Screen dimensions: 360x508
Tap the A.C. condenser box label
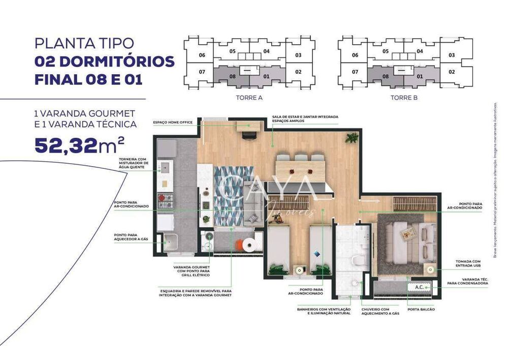(x=419, y=287)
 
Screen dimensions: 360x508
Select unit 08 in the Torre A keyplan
(x=232, y=77)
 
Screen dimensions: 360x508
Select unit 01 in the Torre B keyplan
(x=420, y=77)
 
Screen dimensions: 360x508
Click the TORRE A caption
(x=249, y=97)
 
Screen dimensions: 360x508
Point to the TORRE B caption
(x=404, y=97)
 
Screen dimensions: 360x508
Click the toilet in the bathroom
(x=358, y=260)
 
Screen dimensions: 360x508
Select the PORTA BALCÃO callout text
(x=421, y=309)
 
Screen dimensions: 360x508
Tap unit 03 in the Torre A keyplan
(x=298, y=55)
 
